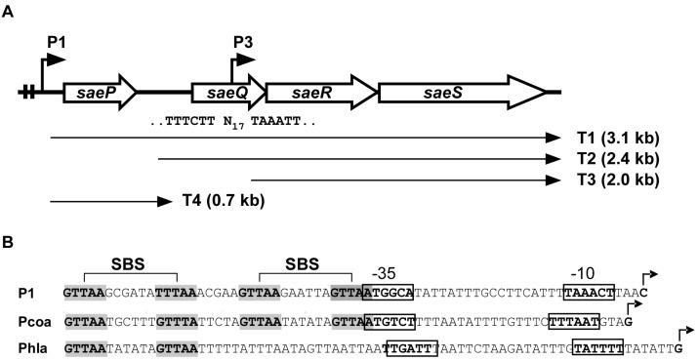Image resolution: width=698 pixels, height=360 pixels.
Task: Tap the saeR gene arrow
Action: (x=317, y=92)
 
